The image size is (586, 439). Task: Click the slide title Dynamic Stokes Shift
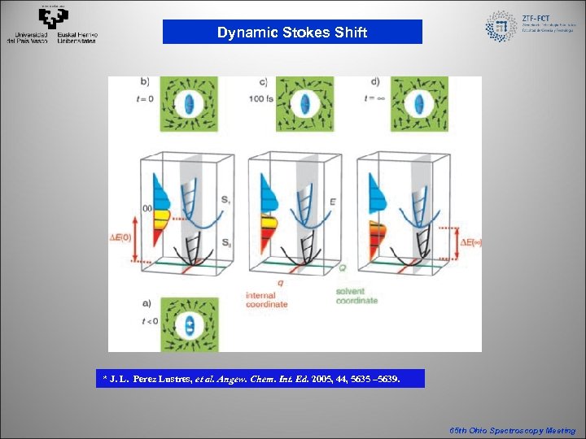292,33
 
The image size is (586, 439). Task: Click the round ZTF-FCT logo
501,26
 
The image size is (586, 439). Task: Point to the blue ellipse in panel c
305,103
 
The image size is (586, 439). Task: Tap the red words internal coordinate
266,299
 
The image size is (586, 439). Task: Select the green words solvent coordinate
356,296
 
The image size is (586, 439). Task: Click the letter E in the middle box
330,196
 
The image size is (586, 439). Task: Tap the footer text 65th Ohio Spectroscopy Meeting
513,431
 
